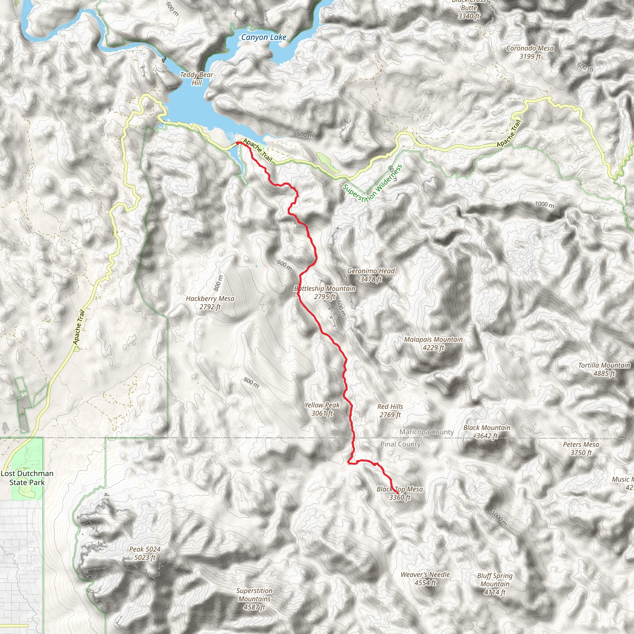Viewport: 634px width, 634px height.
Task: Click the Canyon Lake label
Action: [263, 37]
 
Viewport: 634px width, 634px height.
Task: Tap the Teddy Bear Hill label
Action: [197, 79]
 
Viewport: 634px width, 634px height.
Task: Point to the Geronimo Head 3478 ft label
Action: [371, 275]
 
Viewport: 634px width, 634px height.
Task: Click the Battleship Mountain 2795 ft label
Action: [325, 292]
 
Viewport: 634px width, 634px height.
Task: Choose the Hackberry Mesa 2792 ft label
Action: [210, 302]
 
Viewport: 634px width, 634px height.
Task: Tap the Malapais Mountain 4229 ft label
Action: [433, 343]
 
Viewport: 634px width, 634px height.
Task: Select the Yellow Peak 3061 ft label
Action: [322, 409]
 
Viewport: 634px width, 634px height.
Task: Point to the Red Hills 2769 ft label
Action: [390, 410]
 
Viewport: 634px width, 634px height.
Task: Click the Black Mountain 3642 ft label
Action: [487, 432]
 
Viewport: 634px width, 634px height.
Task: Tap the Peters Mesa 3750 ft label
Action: [581, 449]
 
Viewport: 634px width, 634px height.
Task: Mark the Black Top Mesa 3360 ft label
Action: [400, 493]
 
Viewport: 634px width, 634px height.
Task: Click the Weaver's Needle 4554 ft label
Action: [425, 579]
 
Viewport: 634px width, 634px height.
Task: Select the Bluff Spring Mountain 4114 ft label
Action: [494, 584]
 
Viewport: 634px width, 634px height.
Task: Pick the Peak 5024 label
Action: [145, 553]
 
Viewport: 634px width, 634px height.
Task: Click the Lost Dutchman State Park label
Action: [27, 478]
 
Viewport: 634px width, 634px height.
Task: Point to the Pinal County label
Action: [400, 444]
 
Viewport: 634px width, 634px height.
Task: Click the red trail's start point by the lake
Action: [237, 143]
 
